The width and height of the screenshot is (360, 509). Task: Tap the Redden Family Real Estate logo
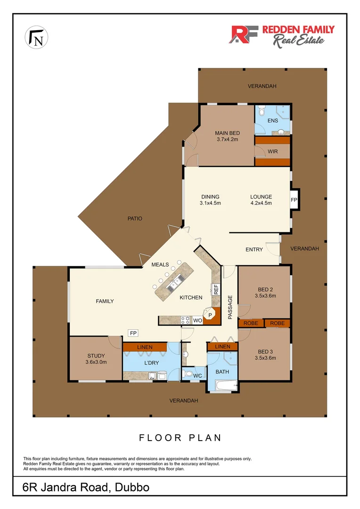281,35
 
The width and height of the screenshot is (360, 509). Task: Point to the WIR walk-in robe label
272,151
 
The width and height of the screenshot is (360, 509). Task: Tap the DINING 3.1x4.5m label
211,200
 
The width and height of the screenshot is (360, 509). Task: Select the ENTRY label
254,249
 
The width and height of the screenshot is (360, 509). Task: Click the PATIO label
134,218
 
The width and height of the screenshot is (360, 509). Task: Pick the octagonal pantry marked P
210,315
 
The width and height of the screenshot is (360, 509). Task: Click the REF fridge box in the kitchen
216,289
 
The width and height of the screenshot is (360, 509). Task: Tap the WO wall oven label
197,320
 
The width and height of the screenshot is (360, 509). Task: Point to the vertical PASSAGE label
230,307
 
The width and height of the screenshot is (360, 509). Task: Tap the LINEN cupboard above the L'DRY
144,347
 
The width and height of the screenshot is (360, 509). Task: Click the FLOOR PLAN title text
180,438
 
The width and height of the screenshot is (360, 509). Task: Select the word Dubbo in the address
131,487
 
